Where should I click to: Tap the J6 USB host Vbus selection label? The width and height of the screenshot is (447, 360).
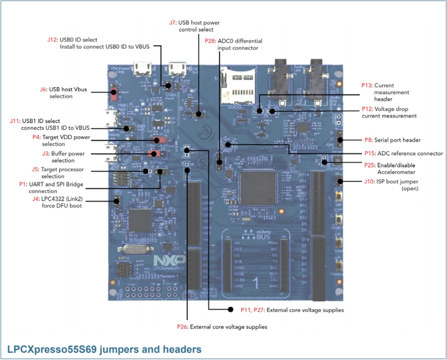click(x=43, y=89)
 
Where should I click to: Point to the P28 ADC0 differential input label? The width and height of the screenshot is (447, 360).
click(x=210, y=41)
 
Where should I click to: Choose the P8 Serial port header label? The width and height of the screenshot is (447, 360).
click(x=367, y=140)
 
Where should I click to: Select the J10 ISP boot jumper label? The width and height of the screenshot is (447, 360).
click(x=368, y=181)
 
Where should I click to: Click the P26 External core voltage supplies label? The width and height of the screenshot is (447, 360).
click(x=183, y=326)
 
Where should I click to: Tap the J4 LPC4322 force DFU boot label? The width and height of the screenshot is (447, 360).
click(x=36, y=199)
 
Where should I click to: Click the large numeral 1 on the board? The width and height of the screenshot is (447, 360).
click(x=255, y=283)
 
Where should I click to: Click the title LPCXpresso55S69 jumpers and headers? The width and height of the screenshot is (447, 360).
click(x=104, y=349)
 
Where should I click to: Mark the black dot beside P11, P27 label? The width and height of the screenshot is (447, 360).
click(x=231, y=309)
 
